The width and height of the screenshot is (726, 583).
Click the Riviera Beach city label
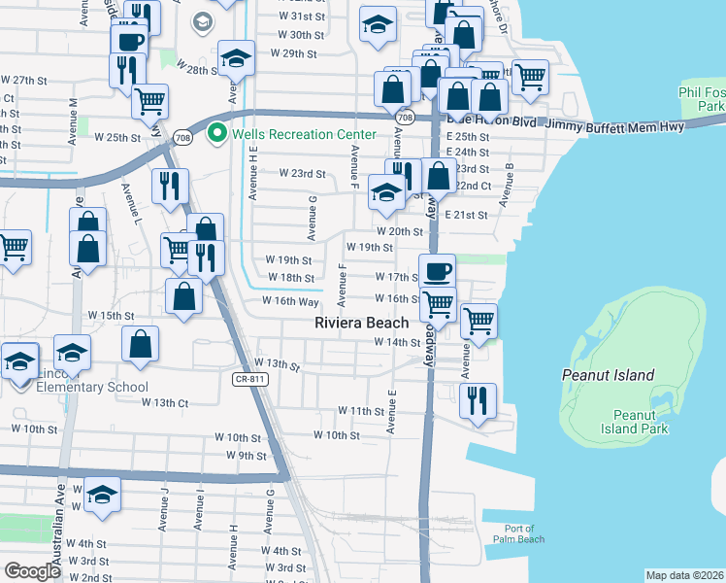(x=361, y=323)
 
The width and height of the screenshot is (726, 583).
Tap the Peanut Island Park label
(x=635, y=422)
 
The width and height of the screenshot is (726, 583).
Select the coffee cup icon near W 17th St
(x=437, y=271)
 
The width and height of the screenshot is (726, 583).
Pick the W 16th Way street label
(x=290, y=301)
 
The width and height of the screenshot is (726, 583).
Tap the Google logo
(x=32, y=570)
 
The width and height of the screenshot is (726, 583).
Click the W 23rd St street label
(x=302, y=174)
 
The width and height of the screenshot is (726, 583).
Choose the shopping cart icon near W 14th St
(x=479, y=319)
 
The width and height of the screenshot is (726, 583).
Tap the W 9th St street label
(x=246, y=455)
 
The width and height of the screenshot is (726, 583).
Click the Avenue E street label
(x=393, y=412)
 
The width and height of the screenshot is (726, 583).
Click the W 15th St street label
(x=111, y=316)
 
